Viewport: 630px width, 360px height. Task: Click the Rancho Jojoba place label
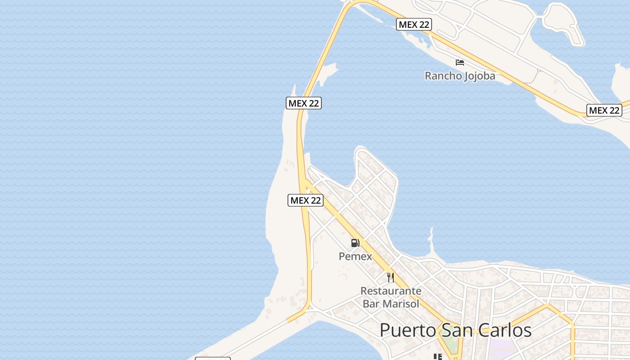pos(460,76)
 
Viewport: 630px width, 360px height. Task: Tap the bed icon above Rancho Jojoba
pos(459,62)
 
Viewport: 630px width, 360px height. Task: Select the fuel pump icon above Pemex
pos(355,243)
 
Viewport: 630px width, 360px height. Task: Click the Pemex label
pos(355,256)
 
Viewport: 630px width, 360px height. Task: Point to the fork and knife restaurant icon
pos(390,277)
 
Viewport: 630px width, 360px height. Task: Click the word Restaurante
pos(391,291)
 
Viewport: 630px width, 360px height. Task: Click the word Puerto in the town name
pos(408,330)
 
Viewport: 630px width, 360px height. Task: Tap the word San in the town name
pos(456,330)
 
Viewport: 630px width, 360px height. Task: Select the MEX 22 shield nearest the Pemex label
pos(306,200)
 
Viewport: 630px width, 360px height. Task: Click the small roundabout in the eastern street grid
pos(575,285)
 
